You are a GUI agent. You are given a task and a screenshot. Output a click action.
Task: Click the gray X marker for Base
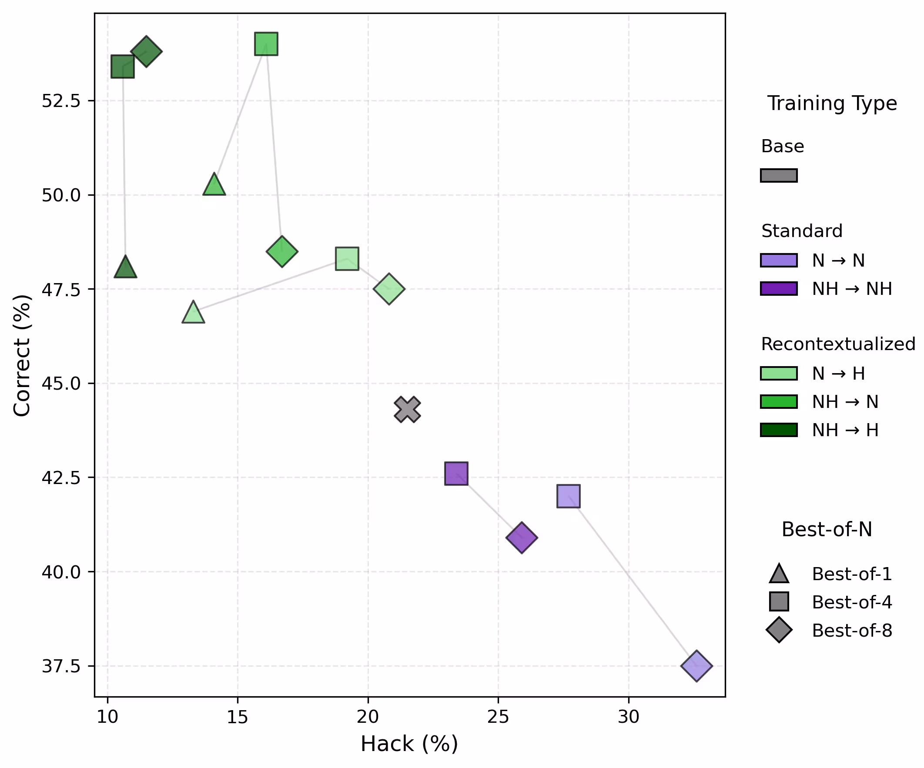tap(408, 409)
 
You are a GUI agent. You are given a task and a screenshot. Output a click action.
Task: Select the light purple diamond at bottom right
tap(696, 666)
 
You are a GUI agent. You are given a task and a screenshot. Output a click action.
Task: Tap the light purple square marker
tap(569, 496)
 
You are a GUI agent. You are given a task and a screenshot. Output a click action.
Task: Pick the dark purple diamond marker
tap(522, 538)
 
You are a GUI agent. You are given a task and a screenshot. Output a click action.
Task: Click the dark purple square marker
tap(456, 474)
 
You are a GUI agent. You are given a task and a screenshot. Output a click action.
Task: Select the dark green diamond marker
tap(147, 51)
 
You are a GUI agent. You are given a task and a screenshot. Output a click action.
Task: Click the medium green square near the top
tap(266, 44)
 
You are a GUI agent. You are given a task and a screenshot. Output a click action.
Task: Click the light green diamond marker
tap(389, 289)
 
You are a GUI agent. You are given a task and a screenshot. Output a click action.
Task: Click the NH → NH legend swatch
tap(779, 289)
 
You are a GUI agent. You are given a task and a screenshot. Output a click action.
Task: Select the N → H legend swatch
tap(779, 373)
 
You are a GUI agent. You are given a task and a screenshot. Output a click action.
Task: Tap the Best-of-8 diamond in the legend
tap(779, 630)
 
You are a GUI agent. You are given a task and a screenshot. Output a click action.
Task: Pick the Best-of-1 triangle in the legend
tap(779, 574)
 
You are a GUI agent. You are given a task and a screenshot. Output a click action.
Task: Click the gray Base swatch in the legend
tap(779, 175)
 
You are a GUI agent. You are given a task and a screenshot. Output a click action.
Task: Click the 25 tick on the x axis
tap(498, 717)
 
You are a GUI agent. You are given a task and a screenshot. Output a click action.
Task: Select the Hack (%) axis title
tap(409, 744)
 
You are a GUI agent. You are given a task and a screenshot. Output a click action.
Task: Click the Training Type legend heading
tap(832, 104)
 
